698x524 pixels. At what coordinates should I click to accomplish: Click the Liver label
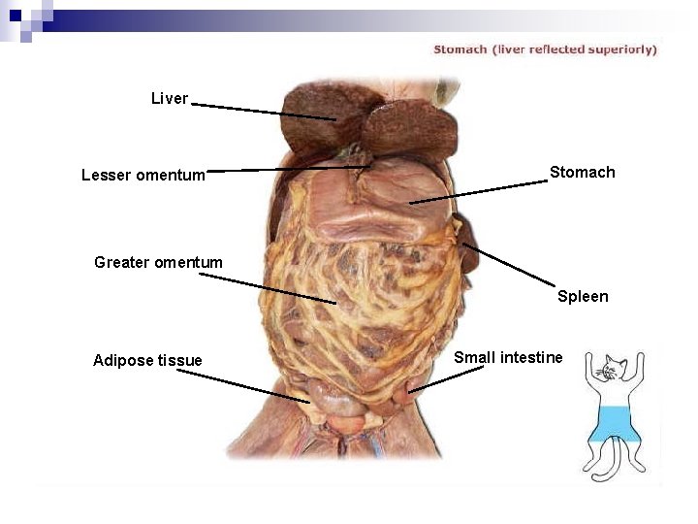coord(170,99)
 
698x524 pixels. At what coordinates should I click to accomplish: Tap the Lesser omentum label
coord(143,176)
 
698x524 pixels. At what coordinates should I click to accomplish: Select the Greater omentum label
coord(158,262)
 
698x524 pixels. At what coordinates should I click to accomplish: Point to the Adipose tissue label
coord(147,361)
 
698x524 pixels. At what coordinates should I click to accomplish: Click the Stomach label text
coord(582,173)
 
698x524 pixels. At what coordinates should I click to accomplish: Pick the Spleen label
coord(583,297)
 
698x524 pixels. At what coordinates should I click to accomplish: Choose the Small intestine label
coord(508,358)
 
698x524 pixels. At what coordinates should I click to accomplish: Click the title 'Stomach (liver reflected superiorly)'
coord(545,49)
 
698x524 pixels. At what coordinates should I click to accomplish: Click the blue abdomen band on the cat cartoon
coord(613,424)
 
